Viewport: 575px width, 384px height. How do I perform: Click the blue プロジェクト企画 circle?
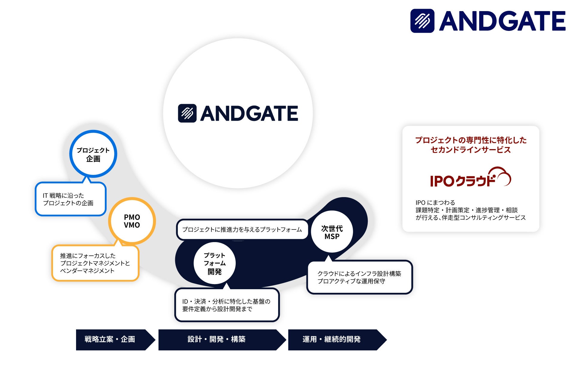click(93, 154)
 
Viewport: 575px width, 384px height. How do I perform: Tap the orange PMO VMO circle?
click(132, 221)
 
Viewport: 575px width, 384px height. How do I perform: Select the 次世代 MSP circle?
click(332, 232)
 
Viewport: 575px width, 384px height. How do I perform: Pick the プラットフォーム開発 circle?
click(214, 263)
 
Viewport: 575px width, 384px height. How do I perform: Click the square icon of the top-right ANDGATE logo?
click(422, 21)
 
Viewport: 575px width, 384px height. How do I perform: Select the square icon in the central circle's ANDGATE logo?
click(187, 113)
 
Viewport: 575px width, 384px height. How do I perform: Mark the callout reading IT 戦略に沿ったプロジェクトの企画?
click(71, 199)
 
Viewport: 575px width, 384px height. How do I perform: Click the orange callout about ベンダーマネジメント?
click(95, 263)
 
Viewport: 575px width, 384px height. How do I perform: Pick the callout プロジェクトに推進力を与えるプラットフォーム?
click(242, 229)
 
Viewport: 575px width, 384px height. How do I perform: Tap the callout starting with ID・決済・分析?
click(227, 305)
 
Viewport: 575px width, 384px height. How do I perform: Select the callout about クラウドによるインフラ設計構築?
click(359, 277)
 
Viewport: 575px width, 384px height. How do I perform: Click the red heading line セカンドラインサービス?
click(470, 150)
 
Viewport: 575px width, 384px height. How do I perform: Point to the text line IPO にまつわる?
click(435, 202)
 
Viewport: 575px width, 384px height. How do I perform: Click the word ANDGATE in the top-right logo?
click(502, 21)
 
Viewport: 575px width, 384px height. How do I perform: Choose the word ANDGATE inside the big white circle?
click(249, 113)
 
